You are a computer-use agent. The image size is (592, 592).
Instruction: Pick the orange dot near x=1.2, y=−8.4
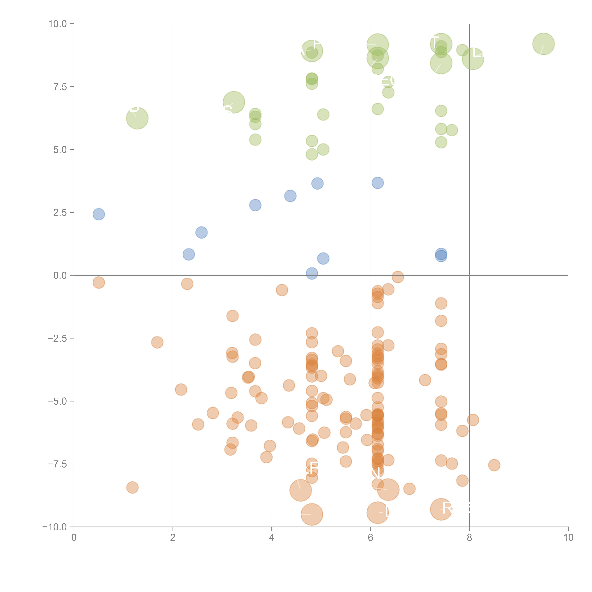132,487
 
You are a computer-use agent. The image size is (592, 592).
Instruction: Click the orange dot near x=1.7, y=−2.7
157,342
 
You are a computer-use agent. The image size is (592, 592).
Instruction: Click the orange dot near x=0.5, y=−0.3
99,283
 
